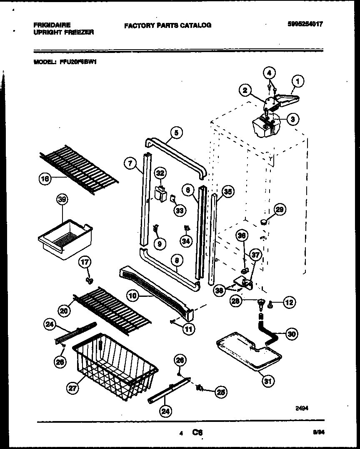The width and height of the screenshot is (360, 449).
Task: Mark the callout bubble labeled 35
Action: (x=227, y=191)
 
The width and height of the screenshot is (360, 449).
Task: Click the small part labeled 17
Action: (x=88, y=279)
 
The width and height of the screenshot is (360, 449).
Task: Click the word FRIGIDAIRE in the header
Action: (x=52, y=25)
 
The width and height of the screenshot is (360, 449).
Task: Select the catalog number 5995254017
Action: (x=305, y=24)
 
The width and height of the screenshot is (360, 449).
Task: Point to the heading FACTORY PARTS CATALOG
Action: (x=167, y=25)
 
